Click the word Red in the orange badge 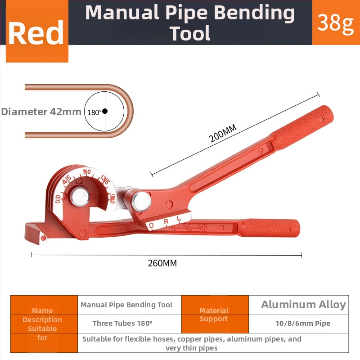coord(36,32)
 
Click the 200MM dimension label coord(222,133)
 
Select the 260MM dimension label coord(162,263)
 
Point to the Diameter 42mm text coord(41,112)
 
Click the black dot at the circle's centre coord(105,111)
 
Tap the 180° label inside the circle coord(94,112)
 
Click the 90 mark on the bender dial coord(87,172)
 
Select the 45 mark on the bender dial coord(67,180)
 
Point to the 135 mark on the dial coord(104,180)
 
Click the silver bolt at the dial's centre coord(80,197)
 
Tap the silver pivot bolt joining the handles coord(141,201)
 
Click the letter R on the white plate coord(166,221)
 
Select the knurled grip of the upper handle coord(302,127)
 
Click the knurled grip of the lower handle coord(269,228)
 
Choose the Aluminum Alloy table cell coord(303,305)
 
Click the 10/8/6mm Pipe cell coord(303,323)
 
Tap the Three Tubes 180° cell coord(122,323)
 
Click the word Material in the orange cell coord(214,310)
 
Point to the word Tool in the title coord(190,33)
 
